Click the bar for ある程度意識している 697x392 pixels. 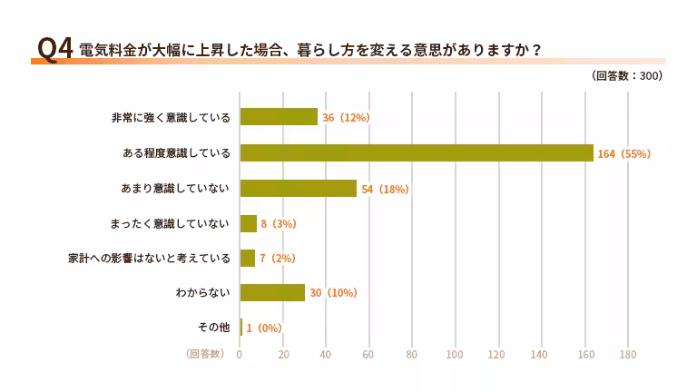click(416, 153)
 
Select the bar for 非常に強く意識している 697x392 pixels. click(279, 118)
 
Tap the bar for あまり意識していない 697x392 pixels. click(298, 189)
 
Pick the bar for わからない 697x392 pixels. click(272, 293)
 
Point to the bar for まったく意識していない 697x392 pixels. click(248, 223)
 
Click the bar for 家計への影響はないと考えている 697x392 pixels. click(247, 259)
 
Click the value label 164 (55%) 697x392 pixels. click(624, 154)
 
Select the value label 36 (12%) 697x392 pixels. click(346, 118)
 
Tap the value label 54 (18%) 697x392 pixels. click(385, 189)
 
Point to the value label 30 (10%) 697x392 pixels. click(333, 293)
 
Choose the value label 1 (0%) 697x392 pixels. click(264, 328)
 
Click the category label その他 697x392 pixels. click(213, 328)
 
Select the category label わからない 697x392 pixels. click(202, 293)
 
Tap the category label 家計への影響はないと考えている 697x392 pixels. click(150, 259)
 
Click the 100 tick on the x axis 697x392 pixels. click(455, 355)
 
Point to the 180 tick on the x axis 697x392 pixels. click(627, 355)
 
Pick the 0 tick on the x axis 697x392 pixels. click(240, 355)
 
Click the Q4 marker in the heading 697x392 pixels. click(54, 49)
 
